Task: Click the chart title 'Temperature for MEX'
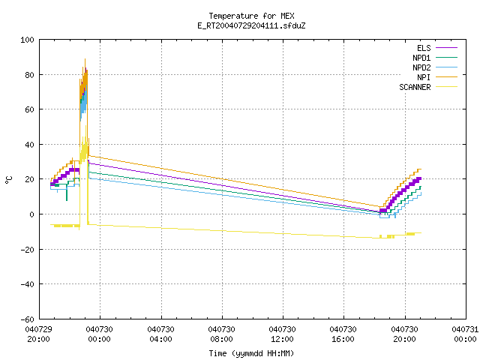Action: coord(251,16)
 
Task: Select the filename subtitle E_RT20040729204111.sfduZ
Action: coord(251,25)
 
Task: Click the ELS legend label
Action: coord(424,48)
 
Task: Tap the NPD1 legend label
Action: coord(421,58)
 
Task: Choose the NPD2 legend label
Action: coord(421,67)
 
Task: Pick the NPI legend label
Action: coord(424,77)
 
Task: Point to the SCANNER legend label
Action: coord(415,87)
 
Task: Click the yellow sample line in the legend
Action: coord(447,87)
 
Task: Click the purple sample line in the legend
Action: coord(447,48)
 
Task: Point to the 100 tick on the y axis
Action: coord(27,40)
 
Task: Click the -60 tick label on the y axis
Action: coord(27,319)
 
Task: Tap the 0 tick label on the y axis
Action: coord(31,214)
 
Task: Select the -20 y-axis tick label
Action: coord(27,250)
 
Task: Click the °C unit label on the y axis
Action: coord(8,180)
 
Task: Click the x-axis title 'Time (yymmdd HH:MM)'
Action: coord(251,353)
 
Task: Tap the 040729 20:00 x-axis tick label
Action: coord(38,334)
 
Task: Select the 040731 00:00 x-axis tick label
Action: coord(465,334)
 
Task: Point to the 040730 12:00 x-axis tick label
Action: coord(282,334)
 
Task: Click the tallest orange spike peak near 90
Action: coord(85,59)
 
